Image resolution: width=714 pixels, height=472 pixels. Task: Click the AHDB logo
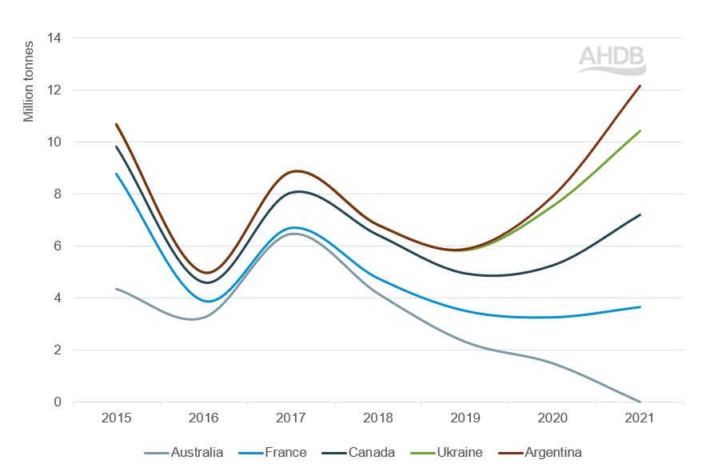pyautogui.click(x=612, y=60)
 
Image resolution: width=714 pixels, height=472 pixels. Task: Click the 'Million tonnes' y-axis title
pyautogui.click(x=29, y=81)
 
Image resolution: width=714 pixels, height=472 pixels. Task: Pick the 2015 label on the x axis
pyautogui.click(x=117, y=418)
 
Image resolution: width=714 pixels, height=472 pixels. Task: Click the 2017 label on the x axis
pyautogui.click(x=291, y=418)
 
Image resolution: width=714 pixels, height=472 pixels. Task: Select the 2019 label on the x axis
pyautogui.click(x=465, y=418)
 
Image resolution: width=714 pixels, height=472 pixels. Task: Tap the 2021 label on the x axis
pyautogui.click(x=640, y=418)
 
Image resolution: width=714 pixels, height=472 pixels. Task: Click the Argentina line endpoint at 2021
pyautogui.click(x=640, y=86)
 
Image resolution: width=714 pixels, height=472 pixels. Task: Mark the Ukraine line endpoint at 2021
pyautogui.click(x=640, y=130)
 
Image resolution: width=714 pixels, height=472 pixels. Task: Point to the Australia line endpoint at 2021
pyautogui.click(x=640, y=402)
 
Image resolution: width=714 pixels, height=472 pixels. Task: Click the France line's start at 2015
pyautogui.click(x=117, y=174)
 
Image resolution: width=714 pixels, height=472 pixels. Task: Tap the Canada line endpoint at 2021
pyautogui.click(x=640, y=214)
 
